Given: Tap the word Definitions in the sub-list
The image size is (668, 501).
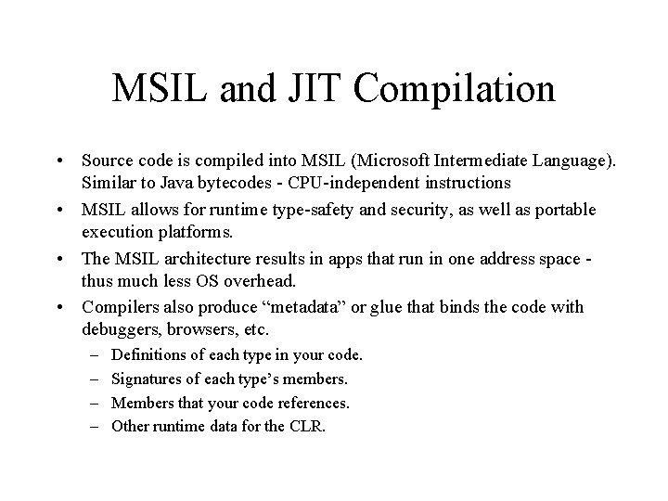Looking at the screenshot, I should tap(146, 354).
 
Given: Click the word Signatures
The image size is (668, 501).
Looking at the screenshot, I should tap(144, 379).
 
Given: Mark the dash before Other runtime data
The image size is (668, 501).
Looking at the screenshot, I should tap(96, 427).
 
